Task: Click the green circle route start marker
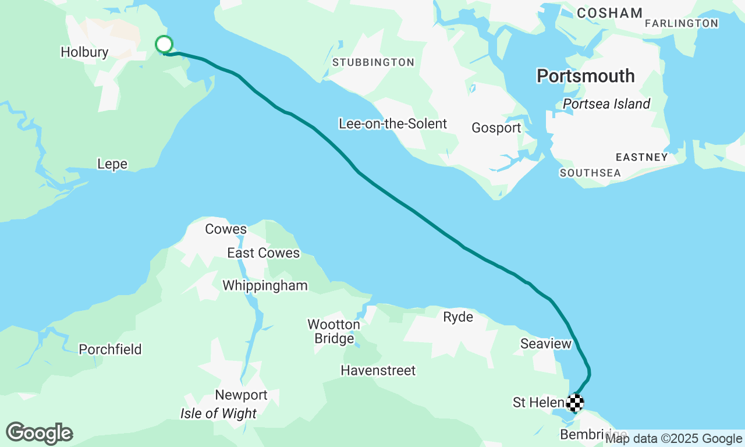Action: pos(164,44)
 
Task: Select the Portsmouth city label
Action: pos(586,76)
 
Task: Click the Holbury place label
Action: pos(84,52)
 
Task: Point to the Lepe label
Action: pos(112,165)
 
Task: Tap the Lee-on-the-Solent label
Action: pos(393,123)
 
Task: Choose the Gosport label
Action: pos(496,128)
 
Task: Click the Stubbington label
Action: pos(373,62)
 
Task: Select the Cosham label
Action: pos(610,13)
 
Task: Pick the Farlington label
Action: pos(682,23)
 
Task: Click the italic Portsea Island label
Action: pos(606,104)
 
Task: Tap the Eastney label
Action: pos(642,157)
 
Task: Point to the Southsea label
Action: pos(590,173)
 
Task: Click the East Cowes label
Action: pos(263,253)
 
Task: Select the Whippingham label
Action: pos(265,286)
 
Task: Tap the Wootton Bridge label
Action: pos(334,331)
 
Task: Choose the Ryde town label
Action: pos(458,317)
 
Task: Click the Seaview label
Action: pos(546,344)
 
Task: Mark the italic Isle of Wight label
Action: pos(218,414)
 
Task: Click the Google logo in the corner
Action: pos(39,433)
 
